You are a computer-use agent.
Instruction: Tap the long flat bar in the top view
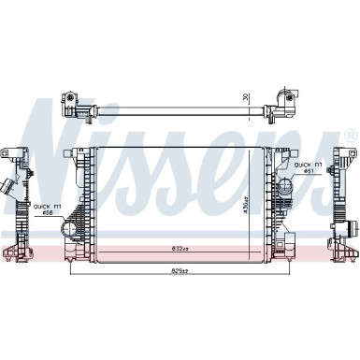pyautogui.click(x=178, y=108)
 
